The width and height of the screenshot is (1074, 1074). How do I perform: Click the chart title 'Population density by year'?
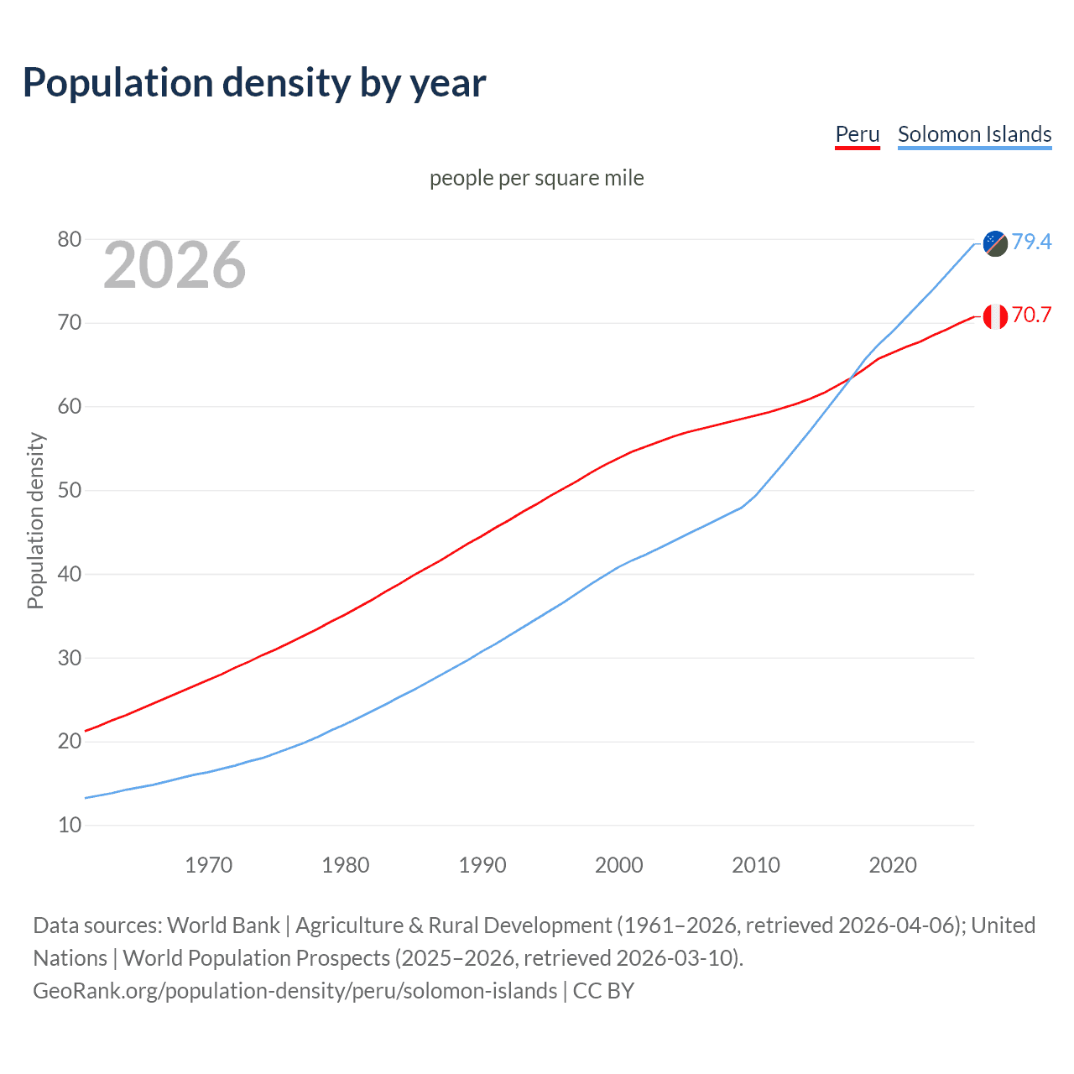pyautogui.click(x=254, y=83)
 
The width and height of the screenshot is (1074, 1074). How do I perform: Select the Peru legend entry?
pyautogui.click(x=857, y=134)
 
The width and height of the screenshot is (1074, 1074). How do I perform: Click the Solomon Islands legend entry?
pyautogui.click(x=974, y=134)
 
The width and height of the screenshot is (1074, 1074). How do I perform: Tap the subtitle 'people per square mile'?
pyautogui.click(x=536, y=178)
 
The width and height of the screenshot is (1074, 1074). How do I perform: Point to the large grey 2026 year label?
pyautogui.click(x=175, y=265)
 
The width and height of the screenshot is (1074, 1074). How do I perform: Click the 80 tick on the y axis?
pyautogui.click(x=70, y=240)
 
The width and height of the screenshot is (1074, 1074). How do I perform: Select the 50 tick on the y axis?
pyautogui.click(x=70, y=491)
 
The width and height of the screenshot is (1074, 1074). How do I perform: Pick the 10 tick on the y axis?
pyautogui.click(x=70, y=826)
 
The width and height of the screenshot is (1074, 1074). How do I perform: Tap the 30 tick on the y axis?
pyautogui.click(x=70, y=658)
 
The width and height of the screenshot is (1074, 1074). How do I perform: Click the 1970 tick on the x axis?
pyautogui.click(x=209, y=865)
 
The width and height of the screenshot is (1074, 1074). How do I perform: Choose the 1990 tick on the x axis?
pyautogui.click(x=482, y=865)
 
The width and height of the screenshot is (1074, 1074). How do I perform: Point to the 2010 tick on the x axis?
pyautogui.click(x=756, y=865)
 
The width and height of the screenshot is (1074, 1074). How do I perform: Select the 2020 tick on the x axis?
pyautogui.click(x=893, y=865)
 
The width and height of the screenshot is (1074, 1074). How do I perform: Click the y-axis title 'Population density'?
pyautogui.click(x=35, y=520)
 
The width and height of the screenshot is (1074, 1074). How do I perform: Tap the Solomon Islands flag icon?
pyautogui.click(x=995, y=243)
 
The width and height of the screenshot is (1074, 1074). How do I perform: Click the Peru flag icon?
pyautogui.click(x=995, y=316)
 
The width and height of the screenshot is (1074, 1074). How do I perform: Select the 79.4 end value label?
pyautogui.click(x=1031, y=242)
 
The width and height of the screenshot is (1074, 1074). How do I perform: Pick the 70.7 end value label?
pyautogui.click(x=1031, y=315)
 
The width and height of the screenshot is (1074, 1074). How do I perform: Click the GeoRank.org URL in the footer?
pyautogui.click(x=295, y=991)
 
